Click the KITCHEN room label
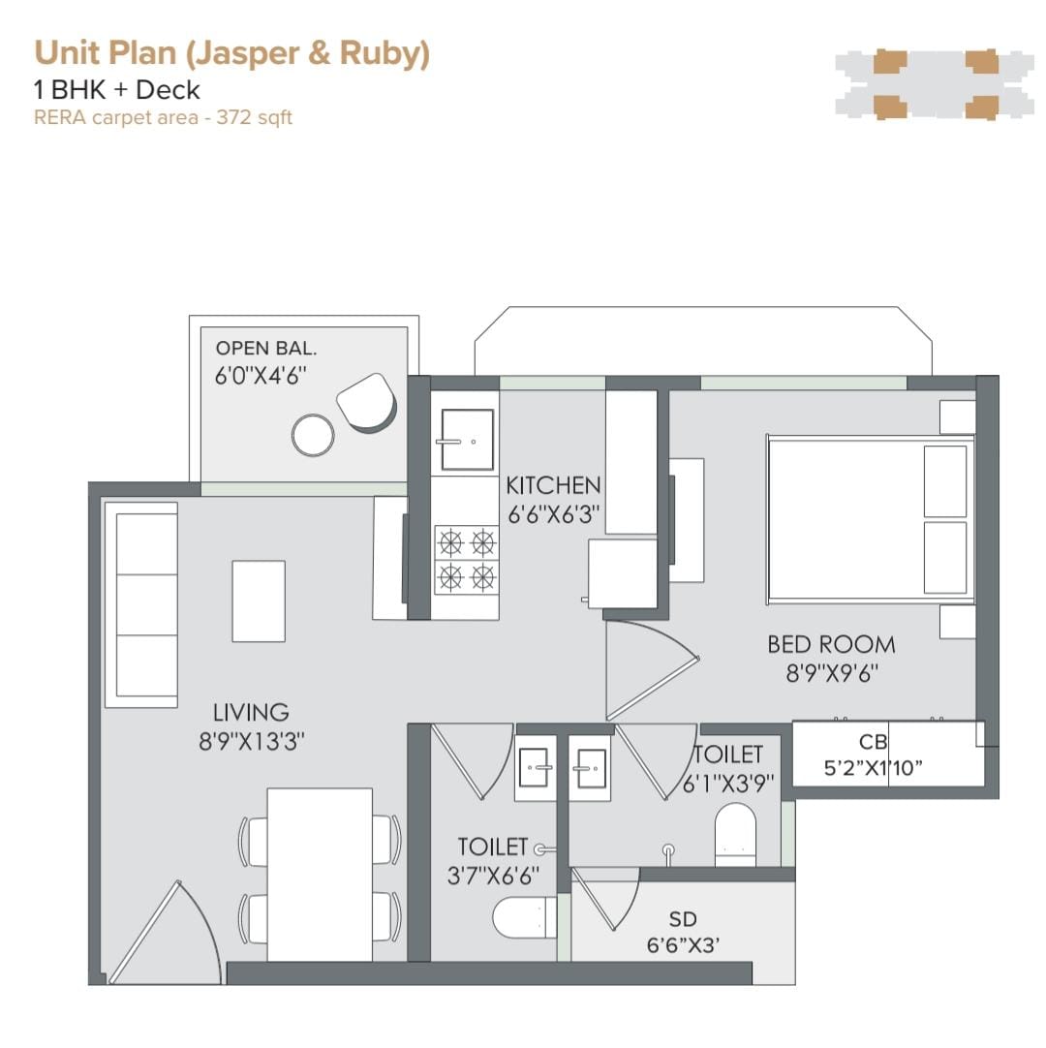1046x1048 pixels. tap(553, 485)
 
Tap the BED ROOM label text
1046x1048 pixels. tap(831, 644)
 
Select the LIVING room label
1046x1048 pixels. tap(251, 713)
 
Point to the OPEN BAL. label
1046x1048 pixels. tap(266, 349)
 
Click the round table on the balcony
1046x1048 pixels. tap(313, 435)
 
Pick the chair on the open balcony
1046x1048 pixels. tap(367, 402)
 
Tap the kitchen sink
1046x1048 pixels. tap(467, 440)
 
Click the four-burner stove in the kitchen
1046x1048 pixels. tap(466, 560)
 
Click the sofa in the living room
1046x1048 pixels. tap(141, 604)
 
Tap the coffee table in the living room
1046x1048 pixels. tap(259, 601)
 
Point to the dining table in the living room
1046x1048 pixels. tap(320, 875)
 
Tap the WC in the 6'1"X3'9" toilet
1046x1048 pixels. tap(735, 834)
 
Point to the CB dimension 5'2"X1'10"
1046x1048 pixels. tap(873, 768)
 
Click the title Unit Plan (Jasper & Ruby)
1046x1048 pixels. tap(231, 53)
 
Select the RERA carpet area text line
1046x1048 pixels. tap(163, 117)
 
